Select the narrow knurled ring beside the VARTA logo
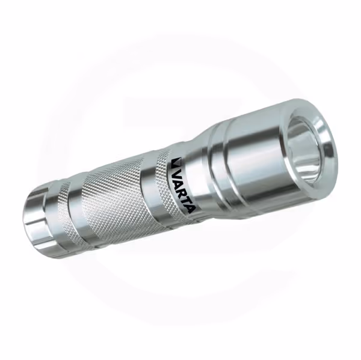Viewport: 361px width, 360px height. (167, 186)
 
